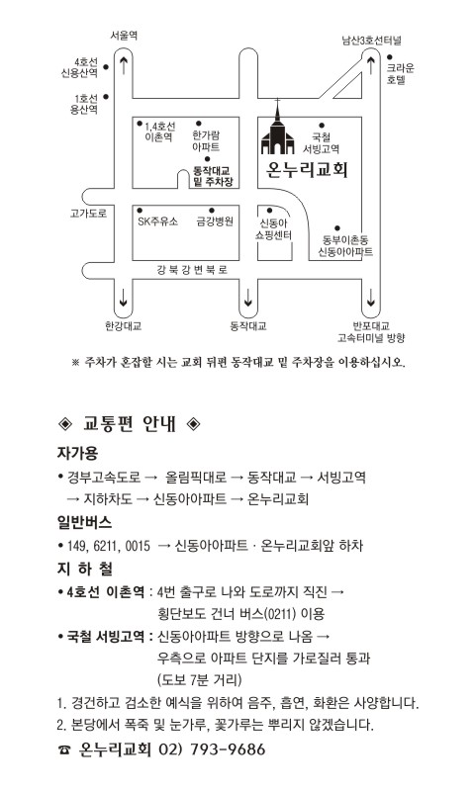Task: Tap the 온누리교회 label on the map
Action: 307,169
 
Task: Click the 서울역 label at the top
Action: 124,36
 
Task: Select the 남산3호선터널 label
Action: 371,41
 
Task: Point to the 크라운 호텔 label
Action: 400,74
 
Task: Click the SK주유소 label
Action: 157,221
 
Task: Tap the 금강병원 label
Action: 215,221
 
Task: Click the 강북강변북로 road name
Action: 192,270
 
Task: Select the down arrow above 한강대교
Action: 123,298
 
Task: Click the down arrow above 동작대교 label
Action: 247,298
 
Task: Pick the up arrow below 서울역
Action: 124,65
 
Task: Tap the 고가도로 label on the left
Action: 88,214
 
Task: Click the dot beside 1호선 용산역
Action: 106,97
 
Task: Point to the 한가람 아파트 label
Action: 206,141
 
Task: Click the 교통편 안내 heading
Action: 130,424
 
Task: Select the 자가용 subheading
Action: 77,453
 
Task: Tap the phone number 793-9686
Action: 228,749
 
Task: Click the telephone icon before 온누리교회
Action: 64,750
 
